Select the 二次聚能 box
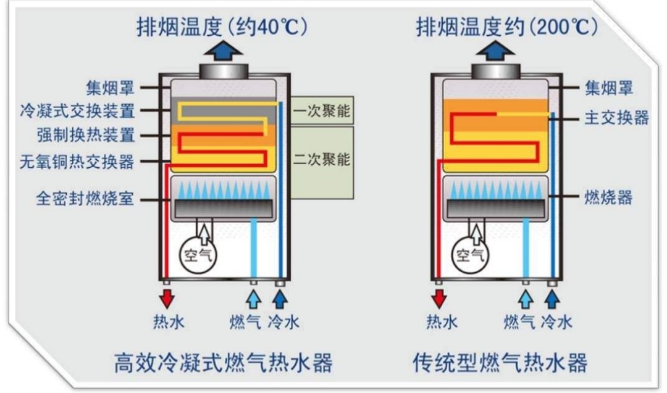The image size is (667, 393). [321, 160]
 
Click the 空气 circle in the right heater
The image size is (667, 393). [471, 254]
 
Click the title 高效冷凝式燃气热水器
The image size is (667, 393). [224, 362]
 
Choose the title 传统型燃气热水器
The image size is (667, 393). [500, 362]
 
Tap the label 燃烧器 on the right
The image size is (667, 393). [608, 197]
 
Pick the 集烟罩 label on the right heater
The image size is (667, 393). [608, 89]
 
